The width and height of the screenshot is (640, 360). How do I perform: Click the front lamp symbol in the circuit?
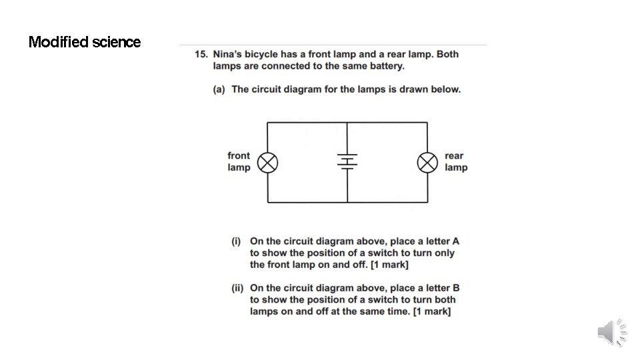(x=268, y=162)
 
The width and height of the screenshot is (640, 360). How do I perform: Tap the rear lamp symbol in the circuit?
(x=427, y=162)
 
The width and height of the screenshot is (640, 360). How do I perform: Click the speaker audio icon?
(x=611, y=332)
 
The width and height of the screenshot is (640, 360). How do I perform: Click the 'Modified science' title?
(x=85, y=42)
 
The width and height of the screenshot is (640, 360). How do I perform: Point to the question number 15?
(x=201, y=54)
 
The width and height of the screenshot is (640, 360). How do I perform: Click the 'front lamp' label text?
(x=239, y=162)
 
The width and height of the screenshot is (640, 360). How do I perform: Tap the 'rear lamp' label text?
(x=456, y=162)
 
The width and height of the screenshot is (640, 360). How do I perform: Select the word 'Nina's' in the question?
(x=229, y=54)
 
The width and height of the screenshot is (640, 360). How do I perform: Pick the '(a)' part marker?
(x=219, y=89)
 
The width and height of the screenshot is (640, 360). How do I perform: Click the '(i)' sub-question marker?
(x=236, y=241)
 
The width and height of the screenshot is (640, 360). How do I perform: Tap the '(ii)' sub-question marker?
(x=237, y=288)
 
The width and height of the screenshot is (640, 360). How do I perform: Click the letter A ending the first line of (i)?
(x=456, y=241)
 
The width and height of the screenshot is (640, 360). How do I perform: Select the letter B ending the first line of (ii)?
(x=456, y=288)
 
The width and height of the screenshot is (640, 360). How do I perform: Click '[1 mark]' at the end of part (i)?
(x=389, y=265)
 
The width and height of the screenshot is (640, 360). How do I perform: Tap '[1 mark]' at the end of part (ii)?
(x=432, y=312)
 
